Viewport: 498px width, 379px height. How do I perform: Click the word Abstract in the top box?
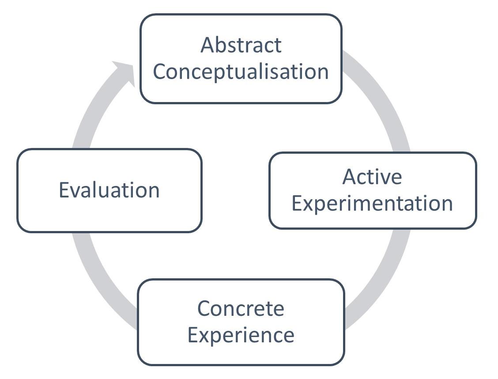click(241, 45)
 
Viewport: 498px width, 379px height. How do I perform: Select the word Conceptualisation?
click(241, 72)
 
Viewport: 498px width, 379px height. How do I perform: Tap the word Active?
click(372, 177)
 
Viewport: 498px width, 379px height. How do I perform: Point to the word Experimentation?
click(372, 204)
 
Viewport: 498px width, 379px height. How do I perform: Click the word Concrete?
click(241, 308)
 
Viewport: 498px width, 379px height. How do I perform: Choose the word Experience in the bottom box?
click(241, 334)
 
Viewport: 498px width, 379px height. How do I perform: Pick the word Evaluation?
click(109, 190)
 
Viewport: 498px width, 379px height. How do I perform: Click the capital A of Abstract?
click(207, 45)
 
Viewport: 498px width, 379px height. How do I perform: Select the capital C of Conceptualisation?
click(160, 72)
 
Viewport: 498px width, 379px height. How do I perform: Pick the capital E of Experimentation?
click(297, 204)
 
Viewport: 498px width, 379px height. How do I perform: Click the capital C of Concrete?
click(204, 308)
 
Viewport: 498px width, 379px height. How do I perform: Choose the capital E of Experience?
click(192, 334)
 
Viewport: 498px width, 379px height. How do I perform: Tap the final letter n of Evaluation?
click(154, 191)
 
